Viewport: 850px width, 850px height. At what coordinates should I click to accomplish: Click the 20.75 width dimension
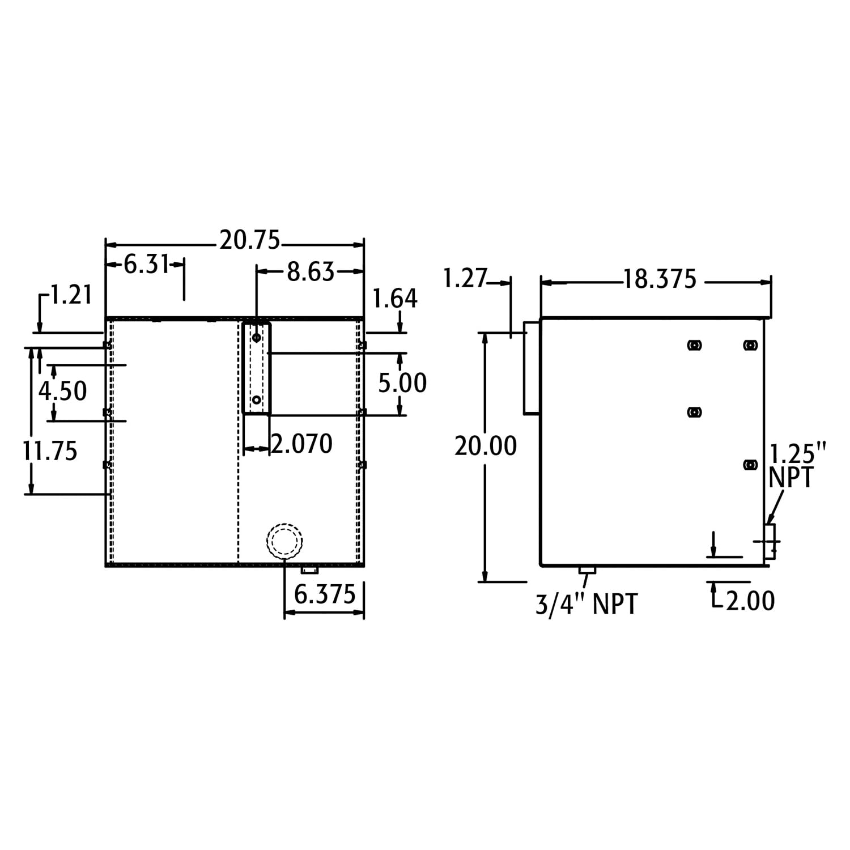coord(250,241)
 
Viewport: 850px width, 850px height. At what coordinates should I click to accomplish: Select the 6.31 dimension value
coord(147,264)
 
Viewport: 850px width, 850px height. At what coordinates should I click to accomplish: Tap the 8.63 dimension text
coord(311,272)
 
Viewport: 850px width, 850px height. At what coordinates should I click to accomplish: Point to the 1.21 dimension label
coord(71,295)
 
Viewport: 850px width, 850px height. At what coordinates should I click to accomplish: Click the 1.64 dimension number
coord(396,299)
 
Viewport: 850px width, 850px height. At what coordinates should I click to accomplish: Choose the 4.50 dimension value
coord(63,391)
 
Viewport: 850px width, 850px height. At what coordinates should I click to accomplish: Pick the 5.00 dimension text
coord(402,383)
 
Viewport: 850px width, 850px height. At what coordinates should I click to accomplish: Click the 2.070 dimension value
coord(302,444)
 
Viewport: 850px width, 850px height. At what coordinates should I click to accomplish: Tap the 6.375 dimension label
coord(325,594)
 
